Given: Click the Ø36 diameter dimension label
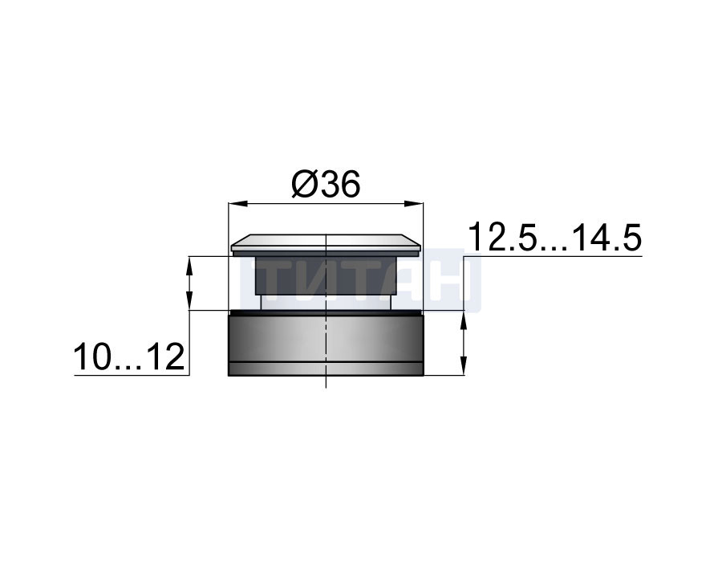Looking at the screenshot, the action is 326,185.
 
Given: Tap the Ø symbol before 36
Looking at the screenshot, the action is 303,185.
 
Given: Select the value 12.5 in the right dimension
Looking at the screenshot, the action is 502,237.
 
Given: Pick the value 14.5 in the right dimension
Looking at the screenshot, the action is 607,237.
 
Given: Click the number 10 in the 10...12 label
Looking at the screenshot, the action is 94,356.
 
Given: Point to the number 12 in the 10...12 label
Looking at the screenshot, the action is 166,356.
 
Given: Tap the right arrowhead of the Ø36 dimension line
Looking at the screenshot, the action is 413,203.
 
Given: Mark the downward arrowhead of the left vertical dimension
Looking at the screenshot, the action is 189,300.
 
